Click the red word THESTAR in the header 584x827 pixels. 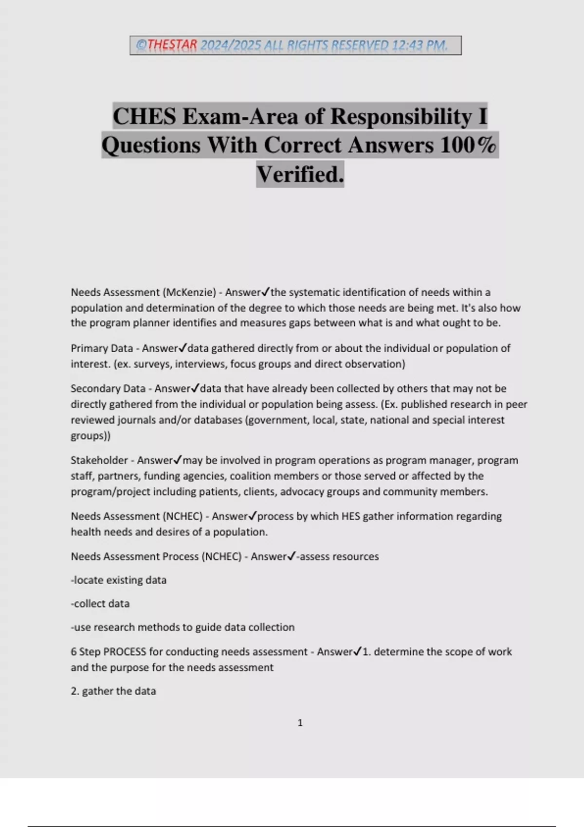(172, 45)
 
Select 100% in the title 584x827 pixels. (468, 145)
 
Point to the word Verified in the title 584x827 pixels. (300, 174)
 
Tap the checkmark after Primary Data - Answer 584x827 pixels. (183, 348)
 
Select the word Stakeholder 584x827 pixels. (99, 460)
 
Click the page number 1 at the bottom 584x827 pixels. (300, 723)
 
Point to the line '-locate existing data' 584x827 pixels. (119, 580)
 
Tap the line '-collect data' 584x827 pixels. (100, 604)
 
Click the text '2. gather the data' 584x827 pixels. (113, 691)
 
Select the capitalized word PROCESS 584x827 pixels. (125, 652)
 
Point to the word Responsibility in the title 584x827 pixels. (401, 116)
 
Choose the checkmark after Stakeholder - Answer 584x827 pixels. (178, 460)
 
